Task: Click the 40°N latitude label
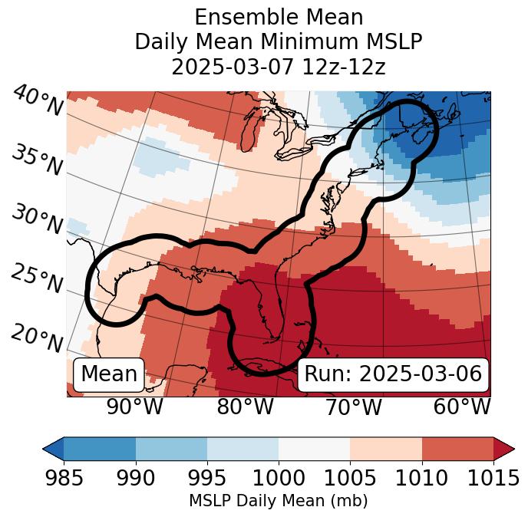(38, 101)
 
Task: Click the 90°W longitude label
(134, 407)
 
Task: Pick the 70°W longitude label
(353, 407)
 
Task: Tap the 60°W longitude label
(462, 407)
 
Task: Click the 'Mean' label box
(109, 374)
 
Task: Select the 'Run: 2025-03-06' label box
(393, 374)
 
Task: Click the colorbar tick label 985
(64, 478)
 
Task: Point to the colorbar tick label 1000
(279, 478)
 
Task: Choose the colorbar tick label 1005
(350, 478)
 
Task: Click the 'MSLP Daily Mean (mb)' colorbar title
(279, 501)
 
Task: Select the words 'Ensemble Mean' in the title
(279, 17)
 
